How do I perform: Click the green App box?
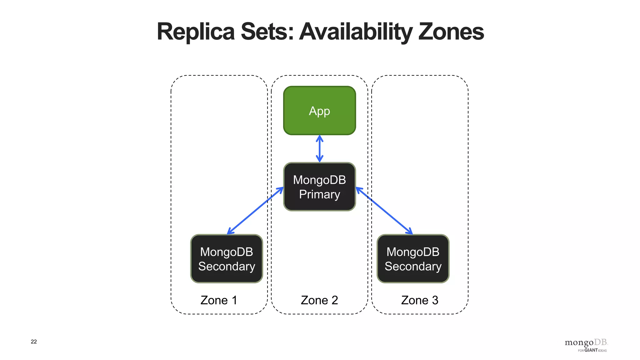coord(319,110)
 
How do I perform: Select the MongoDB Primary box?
coord(319,187)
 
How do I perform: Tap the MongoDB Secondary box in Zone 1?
coord(227,259)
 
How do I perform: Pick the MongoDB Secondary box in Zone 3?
coord(413,259)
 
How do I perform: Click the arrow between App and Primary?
coord(319,149)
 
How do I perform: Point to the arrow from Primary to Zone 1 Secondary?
coord(255,211)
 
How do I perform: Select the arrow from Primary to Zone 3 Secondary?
coord(384,211)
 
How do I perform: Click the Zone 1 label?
coord(219,300)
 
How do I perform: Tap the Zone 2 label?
coord(319,300)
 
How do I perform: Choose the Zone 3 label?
coord(420,300)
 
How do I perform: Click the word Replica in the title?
coord(196,32)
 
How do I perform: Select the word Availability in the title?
coord(356,32)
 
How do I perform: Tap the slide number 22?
coord(34,342)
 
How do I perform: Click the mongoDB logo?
coord(586,342)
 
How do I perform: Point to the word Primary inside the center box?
coord(319,194)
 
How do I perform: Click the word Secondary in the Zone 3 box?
coord(413,266)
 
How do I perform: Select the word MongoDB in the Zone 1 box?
coord(227,252)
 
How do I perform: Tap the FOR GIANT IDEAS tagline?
coord(592,350)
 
